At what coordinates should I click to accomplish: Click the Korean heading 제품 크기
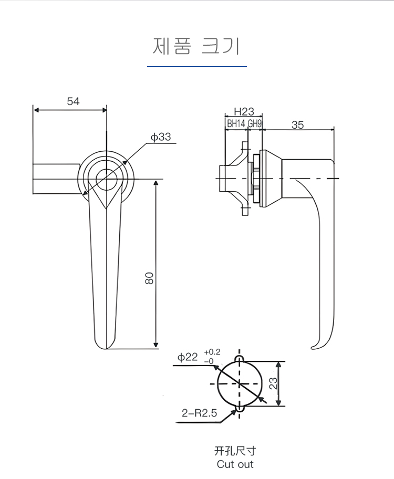(x=196, y=46)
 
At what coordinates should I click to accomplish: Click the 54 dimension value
(x=73, y=101)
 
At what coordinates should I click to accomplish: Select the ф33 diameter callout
(x=160, y=137)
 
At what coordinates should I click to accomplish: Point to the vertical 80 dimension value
(x=149, y=278)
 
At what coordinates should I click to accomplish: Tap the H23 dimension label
(x=244, y=111)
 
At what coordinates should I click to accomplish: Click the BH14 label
(x=236, y=124)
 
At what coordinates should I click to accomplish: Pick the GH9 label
(x=255, y=124)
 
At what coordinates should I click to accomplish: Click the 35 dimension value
(x=297, y=124)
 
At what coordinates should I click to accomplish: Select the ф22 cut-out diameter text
(x=188, y=357)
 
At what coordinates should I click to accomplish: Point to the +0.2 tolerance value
(x=212, y=352)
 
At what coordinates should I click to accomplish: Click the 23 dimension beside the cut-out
(x=273, y=384)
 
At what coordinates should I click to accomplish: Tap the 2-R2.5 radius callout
(x=199, y=413)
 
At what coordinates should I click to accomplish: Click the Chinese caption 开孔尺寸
(x=235, y=451)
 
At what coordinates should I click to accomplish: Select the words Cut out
(x=235, y=464)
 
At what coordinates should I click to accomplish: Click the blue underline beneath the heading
(x=196, y=67)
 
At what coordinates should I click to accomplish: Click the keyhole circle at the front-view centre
(x=107, y=178)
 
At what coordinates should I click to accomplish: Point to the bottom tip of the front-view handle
(x=107, y=348)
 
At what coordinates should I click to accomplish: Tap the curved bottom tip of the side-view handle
(x=314, y=347)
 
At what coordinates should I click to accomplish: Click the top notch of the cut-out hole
(x=240, y=358)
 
